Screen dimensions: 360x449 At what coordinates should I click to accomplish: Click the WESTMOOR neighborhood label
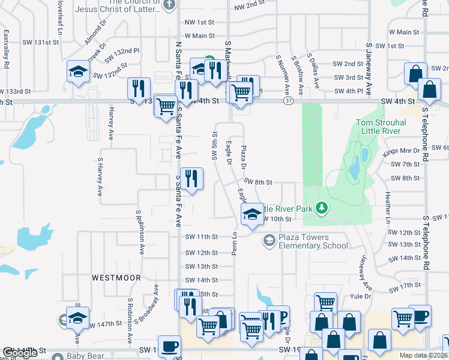pyautogui.click(x=116, y=278)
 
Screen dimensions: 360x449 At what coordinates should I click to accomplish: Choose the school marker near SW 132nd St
pyautogui.click(x=78, y=73)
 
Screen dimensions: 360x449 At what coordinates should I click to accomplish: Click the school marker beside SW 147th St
pyautogui.click(x=77, y=319)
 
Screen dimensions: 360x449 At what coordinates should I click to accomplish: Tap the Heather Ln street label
pyautogui.click(x=388, y=205)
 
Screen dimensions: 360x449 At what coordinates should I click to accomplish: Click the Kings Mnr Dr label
pyautogui.click(x=402, y=153)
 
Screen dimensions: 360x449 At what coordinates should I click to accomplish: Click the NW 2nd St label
pyautogui.click(x=249, y=6)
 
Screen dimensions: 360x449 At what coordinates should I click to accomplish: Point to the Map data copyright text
pyautogui.click(x=423, y=355)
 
